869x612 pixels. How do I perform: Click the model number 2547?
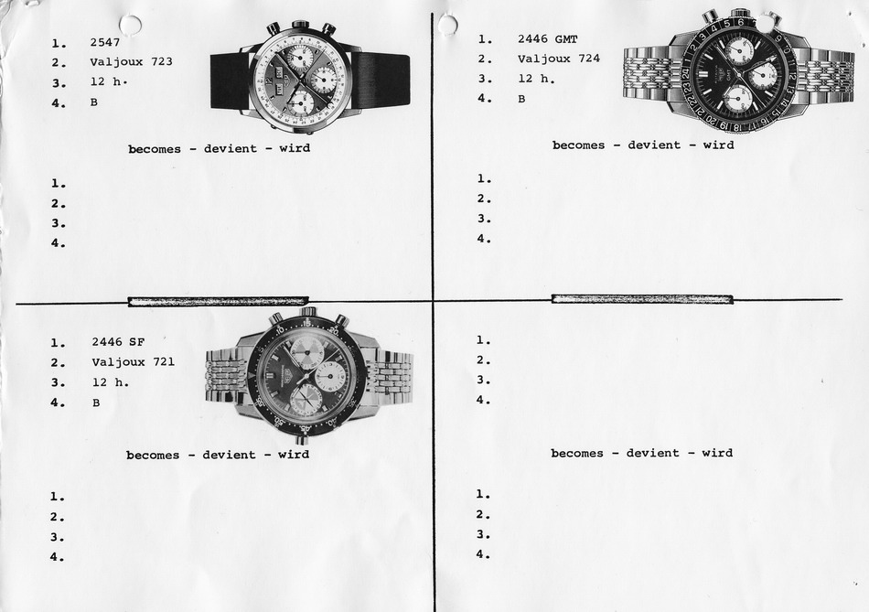pos(105,42)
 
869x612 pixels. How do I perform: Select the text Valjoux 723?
pos(132,61)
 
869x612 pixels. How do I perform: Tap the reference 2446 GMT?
pos(548,39)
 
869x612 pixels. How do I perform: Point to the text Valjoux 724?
pos(559,59)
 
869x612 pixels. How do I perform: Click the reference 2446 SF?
pos(118,342)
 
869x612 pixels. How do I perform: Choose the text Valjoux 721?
pos(133,362)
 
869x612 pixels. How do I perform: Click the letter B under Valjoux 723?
pos(93,102)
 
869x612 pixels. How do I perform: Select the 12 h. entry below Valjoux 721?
pos(111,382)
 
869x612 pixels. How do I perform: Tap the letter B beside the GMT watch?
pos(521,99)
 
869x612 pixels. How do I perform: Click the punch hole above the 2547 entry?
pos(130,25)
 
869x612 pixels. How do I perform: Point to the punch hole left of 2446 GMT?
pos(447,25)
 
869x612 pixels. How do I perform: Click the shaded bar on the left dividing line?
pos(218,302)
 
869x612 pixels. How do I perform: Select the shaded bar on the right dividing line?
pos(642,299)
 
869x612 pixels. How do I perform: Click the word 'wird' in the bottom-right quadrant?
pos(717,453)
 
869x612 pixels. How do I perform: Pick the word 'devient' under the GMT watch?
pos(654,145)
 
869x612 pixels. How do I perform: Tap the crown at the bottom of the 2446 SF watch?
pos(301,440)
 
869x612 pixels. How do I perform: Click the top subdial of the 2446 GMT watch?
pos(739,51)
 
